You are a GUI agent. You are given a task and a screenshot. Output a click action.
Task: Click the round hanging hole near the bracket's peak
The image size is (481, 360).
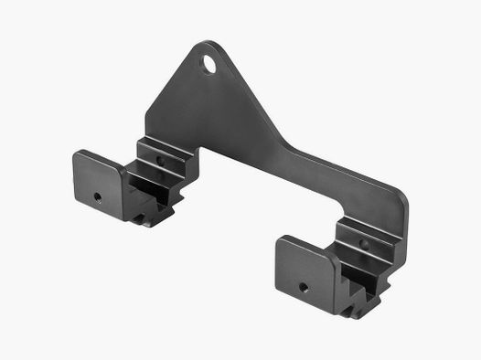tap(212, 65)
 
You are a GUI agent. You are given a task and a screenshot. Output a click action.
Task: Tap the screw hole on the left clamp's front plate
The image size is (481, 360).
tap(98, 196)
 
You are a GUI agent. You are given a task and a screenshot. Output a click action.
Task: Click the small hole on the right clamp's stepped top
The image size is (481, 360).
tap(363, 244)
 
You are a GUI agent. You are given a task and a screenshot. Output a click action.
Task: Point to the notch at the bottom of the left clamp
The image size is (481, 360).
tap(151, 217)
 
